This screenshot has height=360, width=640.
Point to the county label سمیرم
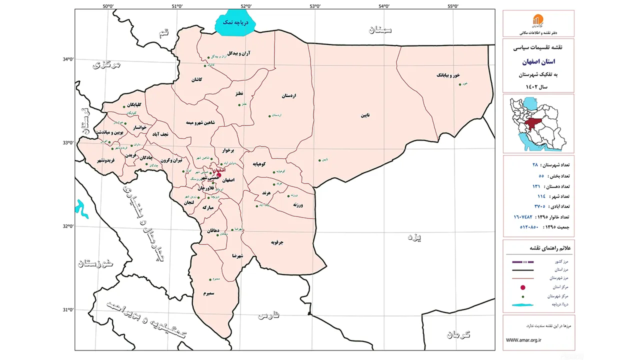[x=209, y=293]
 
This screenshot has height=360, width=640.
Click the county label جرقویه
[x=277, y=242]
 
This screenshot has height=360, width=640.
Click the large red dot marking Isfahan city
[x=218, y=174]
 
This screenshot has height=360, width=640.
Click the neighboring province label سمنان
[x=380, y=30]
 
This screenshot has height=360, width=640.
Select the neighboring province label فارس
[x=268, y=315]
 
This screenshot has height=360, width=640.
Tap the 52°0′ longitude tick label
[x=245, y=6]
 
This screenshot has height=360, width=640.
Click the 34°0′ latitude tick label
[x=66, y=59]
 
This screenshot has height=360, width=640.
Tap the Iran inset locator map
[x=538, y=123]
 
